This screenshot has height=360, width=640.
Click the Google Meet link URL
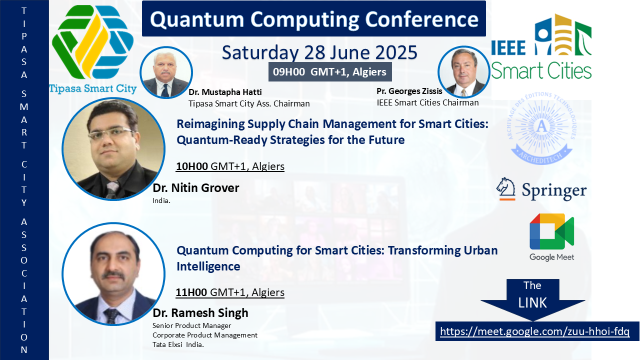pyautogui.click(x=534, y=331)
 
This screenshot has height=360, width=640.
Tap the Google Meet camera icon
pyautogui.click(x=551, y=231)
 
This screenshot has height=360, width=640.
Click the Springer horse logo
pyautogui.click(x=505, y=188)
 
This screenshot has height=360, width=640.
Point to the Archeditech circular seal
pyautogui.click(x=541, y=127)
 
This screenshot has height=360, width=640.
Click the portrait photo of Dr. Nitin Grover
pyautogui.click(x=113, y=149)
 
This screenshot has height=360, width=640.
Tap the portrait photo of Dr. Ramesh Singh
pyautogui.click(x=113, y=274)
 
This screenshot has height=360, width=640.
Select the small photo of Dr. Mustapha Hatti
pyautogui.click(x=166, y=72)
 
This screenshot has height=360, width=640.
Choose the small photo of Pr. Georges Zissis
pyautogui.click(x=464, y=71)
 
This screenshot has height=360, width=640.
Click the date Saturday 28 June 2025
pyautogui.click(x=319, y=52)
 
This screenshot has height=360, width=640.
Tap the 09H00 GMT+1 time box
pyautogui.click(x=330, y=71)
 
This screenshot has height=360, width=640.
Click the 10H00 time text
pyautogui.click(x=191, y=166)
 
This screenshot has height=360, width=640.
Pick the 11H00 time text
pyautogui.click(x=191, y=292)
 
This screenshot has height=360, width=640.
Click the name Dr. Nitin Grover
pyautogui.click(x=196, y=188)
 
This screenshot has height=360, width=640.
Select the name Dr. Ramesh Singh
pyautogui.click(x=200, y=313)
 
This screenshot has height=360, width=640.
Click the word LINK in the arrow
pyautogui.click(x=532, y=303)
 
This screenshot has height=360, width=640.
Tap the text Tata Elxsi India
pyautogui.click(x=178, y=344)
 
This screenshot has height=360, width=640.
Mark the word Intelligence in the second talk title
pyautogui.click(x=208, y=266)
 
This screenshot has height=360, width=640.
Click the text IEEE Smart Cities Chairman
pyautogui.click(x=427, y=102)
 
